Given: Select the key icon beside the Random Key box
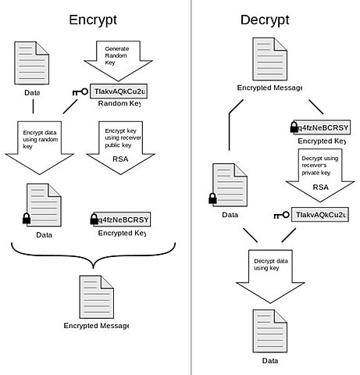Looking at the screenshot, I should (x=80, y=92).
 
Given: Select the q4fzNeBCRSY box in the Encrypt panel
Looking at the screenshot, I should (x=121, y=219).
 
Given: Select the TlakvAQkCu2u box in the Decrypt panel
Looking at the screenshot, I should (x=321, y=214).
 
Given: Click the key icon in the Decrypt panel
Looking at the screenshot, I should (x=281, y=214).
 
